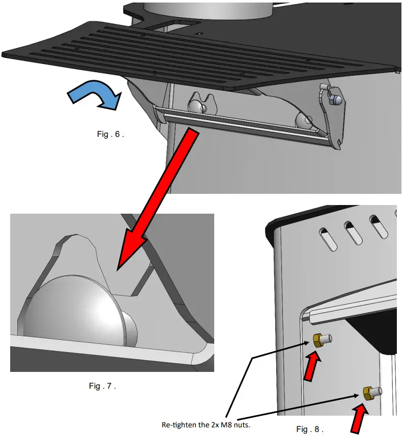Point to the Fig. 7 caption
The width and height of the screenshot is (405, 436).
[102, 386]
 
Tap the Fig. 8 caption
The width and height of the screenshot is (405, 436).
[309, 429]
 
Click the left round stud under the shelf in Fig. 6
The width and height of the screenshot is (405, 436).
[198, 105]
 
